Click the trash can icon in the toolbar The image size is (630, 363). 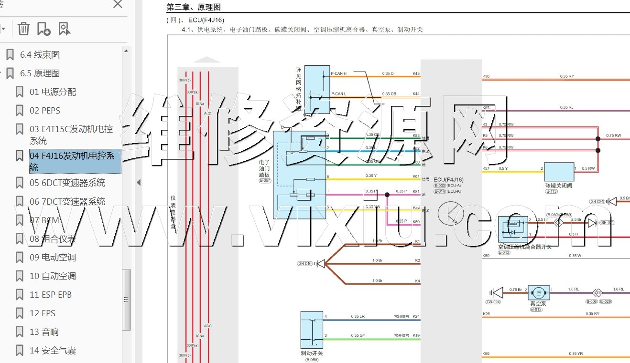click(23, 29)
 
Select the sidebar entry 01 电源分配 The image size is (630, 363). click(53, 92)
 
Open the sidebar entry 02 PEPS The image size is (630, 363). click(45, 111)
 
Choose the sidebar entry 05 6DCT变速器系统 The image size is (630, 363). click(67, 183)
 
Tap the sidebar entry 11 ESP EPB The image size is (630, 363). click(51, 295)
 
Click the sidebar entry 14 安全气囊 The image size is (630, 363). click(53, 351)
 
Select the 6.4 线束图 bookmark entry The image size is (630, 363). click(40, 55)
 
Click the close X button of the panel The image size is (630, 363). click(118, 4)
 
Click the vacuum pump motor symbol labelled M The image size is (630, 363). click(539, 292)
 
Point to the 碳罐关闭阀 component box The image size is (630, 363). click(559, 172)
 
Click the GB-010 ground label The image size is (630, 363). click(304, 264)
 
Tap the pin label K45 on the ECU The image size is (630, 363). click(416, 74)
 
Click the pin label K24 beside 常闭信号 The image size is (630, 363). click(416, 317)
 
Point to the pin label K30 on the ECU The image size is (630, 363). click(486, 76)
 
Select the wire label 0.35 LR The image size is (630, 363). click(358, 317)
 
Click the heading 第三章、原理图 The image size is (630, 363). click(193, 8)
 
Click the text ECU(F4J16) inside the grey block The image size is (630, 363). click(448, 180)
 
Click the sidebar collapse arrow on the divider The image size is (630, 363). click(139, 182)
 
